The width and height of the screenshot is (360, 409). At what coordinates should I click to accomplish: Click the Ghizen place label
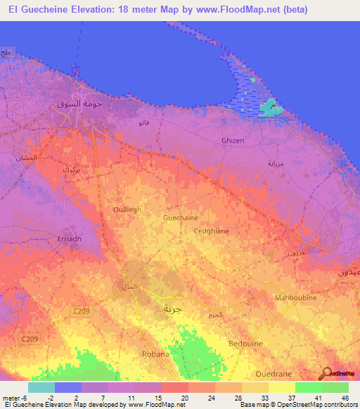coord(233,141)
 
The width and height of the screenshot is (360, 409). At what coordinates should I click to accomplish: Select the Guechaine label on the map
coord(180,218)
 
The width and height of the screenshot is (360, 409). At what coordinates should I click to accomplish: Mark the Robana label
coord(155,354)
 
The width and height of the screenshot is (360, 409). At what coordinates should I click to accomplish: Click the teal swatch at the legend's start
coord(41,387)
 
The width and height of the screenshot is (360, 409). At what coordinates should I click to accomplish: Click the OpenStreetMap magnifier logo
coord(326,373)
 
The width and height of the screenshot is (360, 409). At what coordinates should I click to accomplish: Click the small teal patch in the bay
coord(269,108)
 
